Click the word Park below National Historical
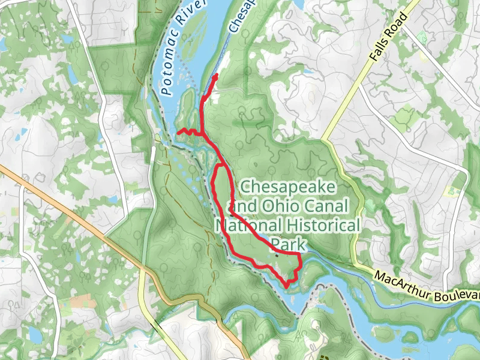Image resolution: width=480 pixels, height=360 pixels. (289, 245)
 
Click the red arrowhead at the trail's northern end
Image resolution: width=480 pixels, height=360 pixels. (215, 78)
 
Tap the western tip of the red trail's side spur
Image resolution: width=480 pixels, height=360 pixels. (178, 131)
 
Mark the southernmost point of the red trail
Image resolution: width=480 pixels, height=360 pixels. (287, 286)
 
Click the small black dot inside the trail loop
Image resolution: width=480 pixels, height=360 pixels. (276, 256)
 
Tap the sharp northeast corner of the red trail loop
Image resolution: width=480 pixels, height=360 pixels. (299, 255)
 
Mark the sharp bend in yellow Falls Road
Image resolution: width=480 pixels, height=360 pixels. (325, 140)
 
